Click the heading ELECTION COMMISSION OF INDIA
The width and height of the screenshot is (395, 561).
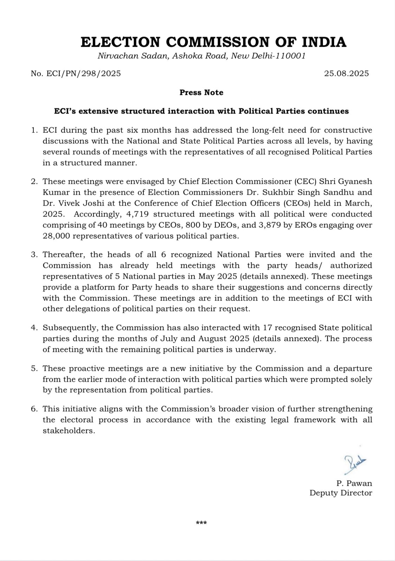(x=213, y=42)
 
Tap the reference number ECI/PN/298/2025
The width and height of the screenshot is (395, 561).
(x=76, y=73)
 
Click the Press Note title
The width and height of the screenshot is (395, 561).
(x=201, y=92)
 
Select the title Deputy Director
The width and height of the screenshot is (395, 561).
(x=341, y=493)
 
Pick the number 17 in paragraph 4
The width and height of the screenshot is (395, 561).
(x=266, y=328)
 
